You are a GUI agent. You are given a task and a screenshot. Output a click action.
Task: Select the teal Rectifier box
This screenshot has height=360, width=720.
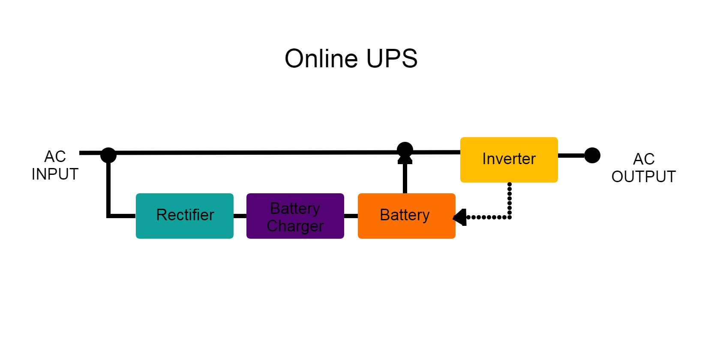[x=185, y=216]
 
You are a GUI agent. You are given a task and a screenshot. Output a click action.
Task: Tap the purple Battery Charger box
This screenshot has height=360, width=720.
[x=295, y=216]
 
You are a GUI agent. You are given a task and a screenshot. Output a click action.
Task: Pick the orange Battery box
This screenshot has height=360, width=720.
[x=406, y=216]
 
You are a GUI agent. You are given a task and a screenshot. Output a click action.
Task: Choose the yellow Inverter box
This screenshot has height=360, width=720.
[x=509, y=160]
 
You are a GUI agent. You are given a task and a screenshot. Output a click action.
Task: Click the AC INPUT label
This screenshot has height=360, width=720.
[x=55, y=165]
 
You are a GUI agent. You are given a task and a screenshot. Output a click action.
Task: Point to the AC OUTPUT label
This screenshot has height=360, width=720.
[x=643, y=168]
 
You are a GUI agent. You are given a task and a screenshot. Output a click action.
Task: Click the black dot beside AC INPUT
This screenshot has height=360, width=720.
[x=108, y=155]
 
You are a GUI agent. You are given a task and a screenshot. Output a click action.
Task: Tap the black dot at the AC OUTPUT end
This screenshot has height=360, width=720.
[x=592, y=155]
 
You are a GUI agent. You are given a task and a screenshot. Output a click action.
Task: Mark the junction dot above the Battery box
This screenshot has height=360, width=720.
[x=405, y=150]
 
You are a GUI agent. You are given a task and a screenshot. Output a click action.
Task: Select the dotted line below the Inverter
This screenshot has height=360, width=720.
[x=510, y=201]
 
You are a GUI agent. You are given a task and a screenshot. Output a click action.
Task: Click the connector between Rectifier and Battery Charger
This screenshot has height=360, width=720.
[x=240, y=216]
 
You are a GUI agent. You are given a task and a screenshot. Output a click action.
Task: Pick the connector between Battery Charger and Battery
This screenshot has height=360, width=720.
[x=351, y=216]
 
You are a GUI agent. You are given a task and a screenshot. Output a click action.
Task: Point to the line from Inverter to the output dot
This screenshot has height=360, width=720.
[x=571, y=156]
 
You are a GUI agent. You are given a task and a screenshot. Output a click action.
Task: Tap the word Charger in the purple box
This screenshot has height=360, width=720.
[x=295, y=226]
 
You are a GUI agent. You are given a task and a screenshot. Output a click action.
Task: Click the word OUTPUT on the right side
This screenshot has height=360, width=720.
[x=643, y=177]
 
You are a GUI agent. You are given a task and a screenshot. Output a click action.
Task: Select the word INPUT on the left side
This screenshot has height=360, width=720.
[x=55, y=174]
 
